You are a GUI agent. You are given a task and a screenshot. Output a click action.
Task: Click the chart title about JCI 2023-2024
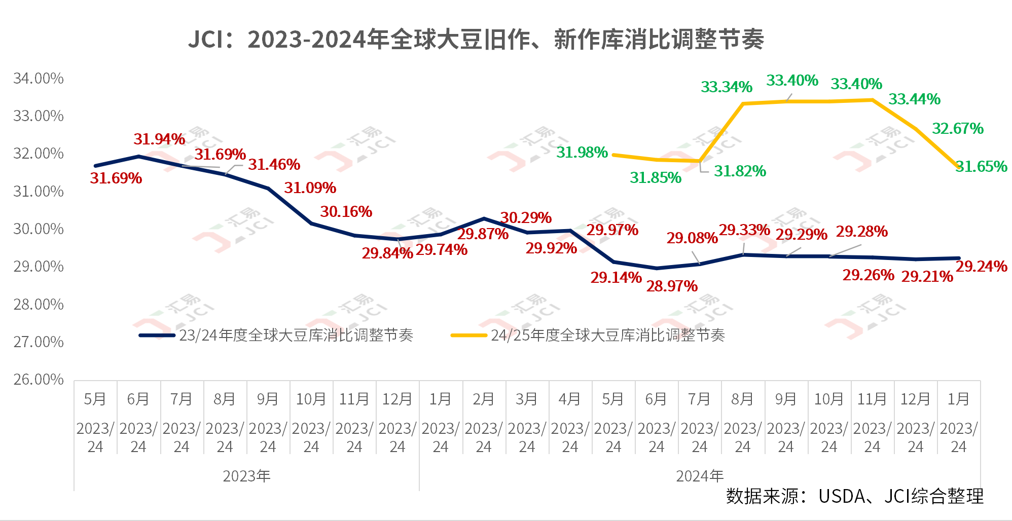click(476, 40)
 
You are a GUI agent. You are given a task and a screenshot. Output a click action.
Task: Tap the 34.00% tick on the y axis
click(39, 79)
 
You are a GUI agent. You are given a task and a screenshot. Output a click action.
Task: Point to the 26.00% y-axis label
click(39, 380)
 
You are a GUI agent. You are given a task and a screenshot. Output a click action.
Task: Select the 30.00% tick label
click(39, 229)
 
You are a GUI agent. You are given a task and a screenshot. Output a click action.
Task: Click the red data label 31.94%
click(159, 139)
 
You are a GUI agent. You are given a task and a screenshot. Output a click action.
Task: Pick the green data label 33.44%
click(914, 99)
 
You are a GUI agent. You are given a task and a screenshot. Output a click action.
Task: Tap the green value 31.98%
click(582, 153)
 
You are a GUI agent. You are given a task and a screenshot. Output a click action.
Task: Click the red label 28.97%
click(672, 286)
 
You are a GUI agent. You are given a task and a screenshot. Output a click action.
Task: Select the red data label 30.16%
click(346, 212)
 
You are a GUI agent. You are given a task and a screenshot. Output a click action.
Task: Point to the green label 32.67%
click(958, 129)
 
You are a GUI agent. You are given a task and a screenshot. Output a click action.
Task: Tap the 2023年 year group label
click(246, 476)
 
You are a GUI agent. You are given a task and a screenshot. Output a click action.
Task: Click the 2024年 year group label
click(700, 476)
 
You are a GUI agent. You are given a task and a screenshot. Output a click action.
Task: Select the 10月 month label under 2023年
click(311, 399)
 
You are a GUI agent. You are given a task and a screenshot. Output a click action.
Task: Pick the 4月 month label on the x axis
click(570, 399)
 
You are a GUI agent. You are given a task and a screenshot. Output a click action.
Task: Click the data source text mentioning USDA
click(854, 496)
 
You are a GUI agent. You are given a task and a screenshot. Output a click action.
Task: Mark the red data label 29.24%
click(982, 267)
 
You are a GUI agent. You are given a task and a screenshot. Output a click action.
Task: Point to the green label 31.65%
click(982, 167)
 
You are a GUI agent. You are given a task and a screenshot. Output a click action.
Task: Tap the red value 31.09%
click(310, 188)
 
